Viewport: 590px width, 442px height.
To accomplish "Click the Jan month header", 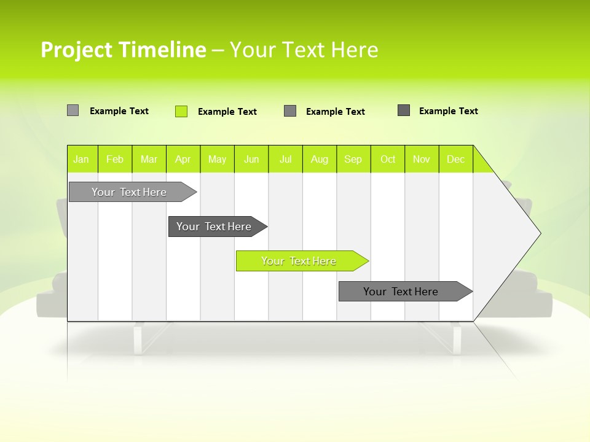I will click(82, 159).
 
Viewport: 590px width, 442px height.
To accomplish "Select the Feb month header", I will click(115, 159).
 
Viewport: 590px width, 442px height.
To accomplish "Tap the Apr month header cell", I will click(183, 159).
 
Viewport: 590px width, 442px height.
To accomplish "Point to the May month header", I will click(217, 159).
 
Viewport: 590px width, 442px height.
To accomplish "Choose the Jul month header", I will click(285, 159).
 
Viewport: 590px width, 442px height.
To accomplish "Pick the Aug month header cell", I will click(320, 159).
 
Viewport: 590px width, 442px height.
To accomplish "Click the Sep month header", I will click(353, 159).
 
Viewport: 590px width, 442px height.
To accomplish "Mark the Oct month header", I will click(388, 159).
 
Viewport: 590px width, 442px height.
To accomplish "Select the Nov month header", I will click(422, 159).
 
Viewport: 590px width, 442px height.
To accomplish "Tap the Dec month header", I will click(456, 159).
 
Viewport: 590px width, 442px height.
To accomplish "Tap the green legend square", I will click(181, 111).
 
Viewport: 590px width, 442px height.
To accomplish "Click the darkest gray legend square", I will click(404, 110).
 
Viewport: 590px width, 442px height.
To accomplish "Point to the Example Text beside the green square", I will click(227, 112).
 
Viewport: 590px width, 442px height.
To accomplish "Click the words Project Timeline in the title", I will click(123, 50).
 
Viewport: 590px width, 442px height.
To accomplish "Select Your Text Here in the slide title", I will click(304, 50).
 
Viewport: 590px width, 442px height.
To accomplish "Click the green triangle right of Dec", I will click(481, 163).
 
